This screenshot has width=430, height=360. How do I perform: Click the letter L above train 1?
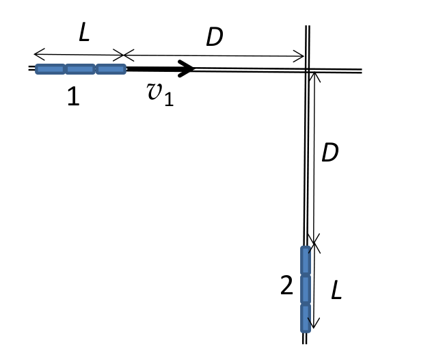[84, 32]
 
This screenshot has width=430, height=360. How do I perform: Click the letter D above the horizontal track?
[215, 37]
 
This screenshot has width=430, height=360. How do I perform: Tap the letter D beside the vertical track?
[330, 153]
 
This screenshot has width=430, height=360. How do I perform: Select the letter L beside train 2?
[336, 290]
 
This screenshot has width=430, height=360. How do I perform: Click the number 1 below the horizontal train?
[74, 96]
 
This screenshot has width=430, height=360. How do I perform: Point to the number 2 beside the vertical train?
[286, 285]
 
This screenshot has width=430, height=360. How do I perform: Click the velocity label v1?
[161, 94]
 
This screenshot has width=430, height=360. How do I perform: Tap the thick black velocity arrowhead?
[186, 68]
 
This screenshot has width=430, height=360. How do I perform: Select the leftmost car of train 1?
[51, 69]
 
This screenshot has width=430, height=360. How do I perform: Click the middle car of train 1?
[81, 69]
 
